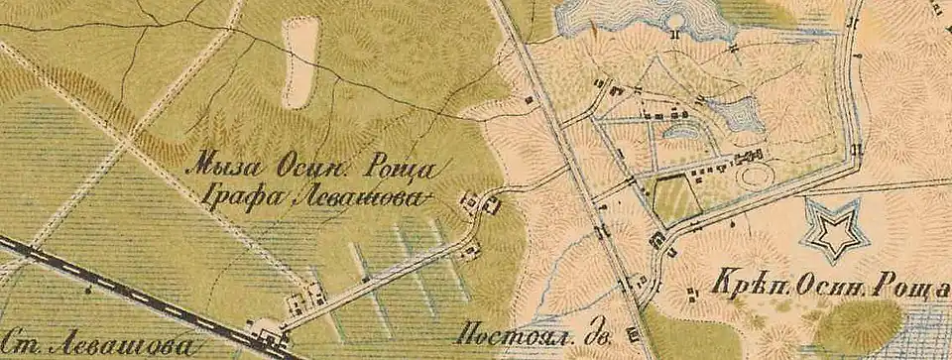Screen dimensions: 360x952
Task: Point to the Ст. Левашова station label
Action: pyautogui.click(x=94, y=346)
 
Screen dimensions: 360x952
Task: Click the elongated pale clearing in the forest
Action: pyautogui.click(x=300, y=61)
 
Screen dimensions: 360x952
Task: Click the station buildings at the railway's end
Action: pyautogui.click(x=267, y=336)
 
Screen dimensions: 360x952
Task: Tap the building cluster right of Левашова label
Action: pyautogui.click(x=482, y=203)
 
